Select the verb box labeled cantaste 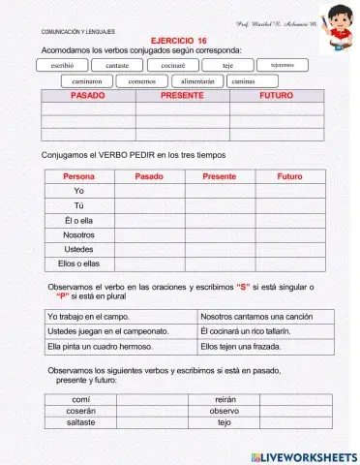[117, 65]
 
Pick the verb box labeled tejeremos [283, 64]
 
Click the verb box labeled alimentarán [197, 81]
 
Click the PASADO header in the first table [88, 97]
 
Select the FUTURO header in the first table [276, 97]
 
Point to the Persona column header [78, 176]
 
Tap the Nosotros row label [78, 234]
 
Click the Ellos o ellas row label [78, 263]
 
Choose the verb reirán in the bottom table [224, 398]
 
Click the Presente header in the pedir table [220, 176]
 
